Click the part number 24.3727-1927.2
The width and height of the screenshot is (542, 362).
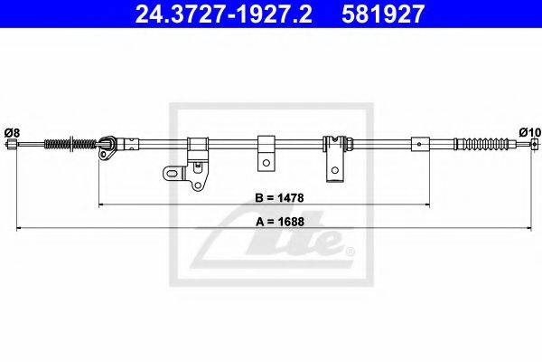pyautogui.click(x=224, y=14)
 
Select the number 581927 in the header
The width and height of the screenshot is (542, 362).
pyautogui.click(x=383, y=14)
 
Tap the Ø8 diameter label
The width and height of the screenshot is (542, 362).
pyautogui.click(x=13, y=133)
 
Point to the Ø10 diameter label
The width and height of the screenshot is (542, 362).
pyautogui.click(x=530, y=132)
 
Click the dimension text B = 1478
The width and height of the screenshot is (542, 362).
pyautogui.click(x=279, y=198)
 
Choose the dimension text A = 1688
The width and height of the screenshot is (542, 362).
pyautogui.click(x=280, y=222)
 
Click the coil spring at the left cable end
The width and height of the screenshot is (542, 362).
pyautogui.click(x=70, y=144)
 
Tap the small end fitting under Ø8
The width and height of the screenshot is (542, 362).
pyautogui.click(x=12, y=144)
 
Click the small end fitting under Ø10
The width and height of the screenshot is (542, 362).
pyautogui.click(x=535, y=144)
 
